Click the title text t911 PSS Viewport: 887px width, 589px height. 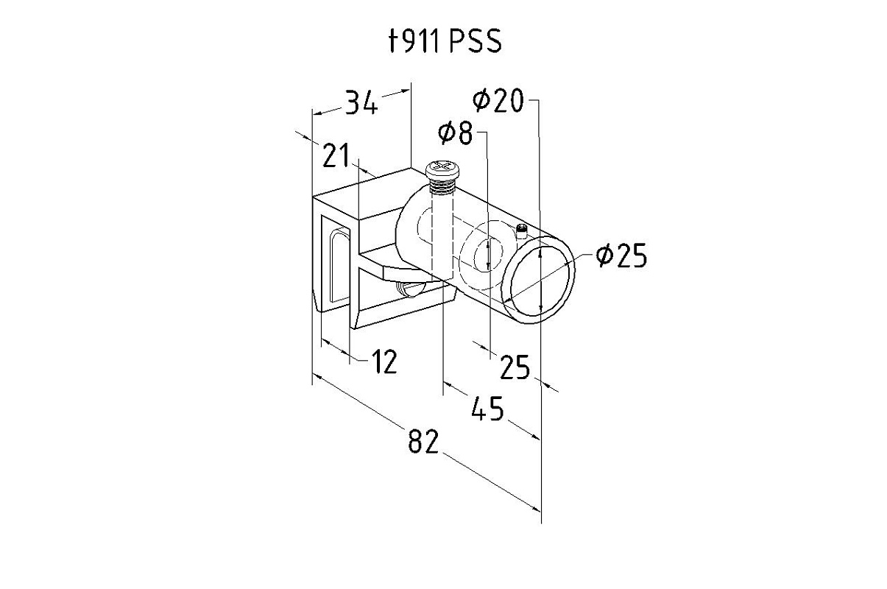click(x=445, y=41)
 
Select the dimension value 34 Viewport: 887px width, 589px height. click(x=361, y=102)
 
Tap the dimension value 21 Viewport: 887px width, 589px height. click(x=336, y=155)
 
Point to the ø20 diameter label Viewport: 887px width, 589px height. click(x=498, y=100)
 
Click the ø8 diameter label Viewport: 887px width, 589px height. click(x=456, y=133)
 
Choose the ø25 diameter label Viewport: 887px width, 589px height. click(x=621, y=255)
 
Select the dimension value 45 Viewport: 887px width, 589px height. click(x=487, y=408)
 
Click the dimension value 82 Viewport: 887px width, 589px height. click(x=423, y=441)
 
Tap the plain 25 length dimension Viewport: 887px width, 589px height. click(x=515, y=367)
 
